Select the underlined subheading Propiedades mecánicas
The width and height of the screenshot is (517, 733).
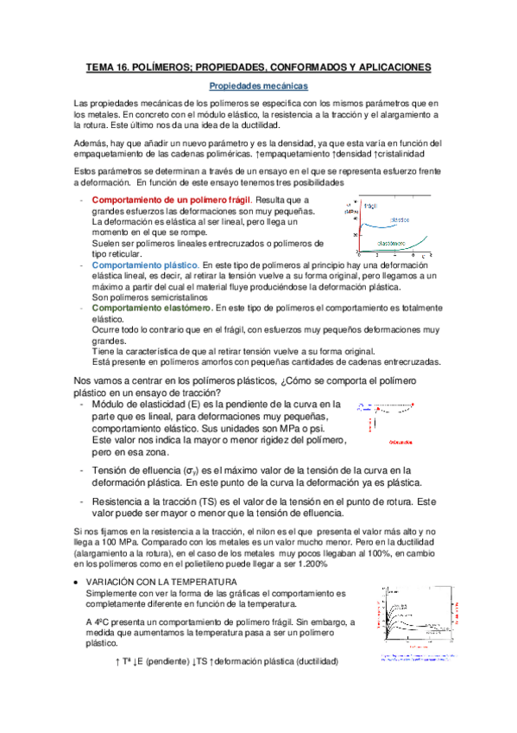point(257,86)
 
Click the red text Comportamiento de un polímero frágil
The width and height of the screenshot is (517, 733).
point(154,200)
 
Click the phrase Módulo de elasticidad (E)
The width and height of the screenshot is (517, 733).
point(146,405)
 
